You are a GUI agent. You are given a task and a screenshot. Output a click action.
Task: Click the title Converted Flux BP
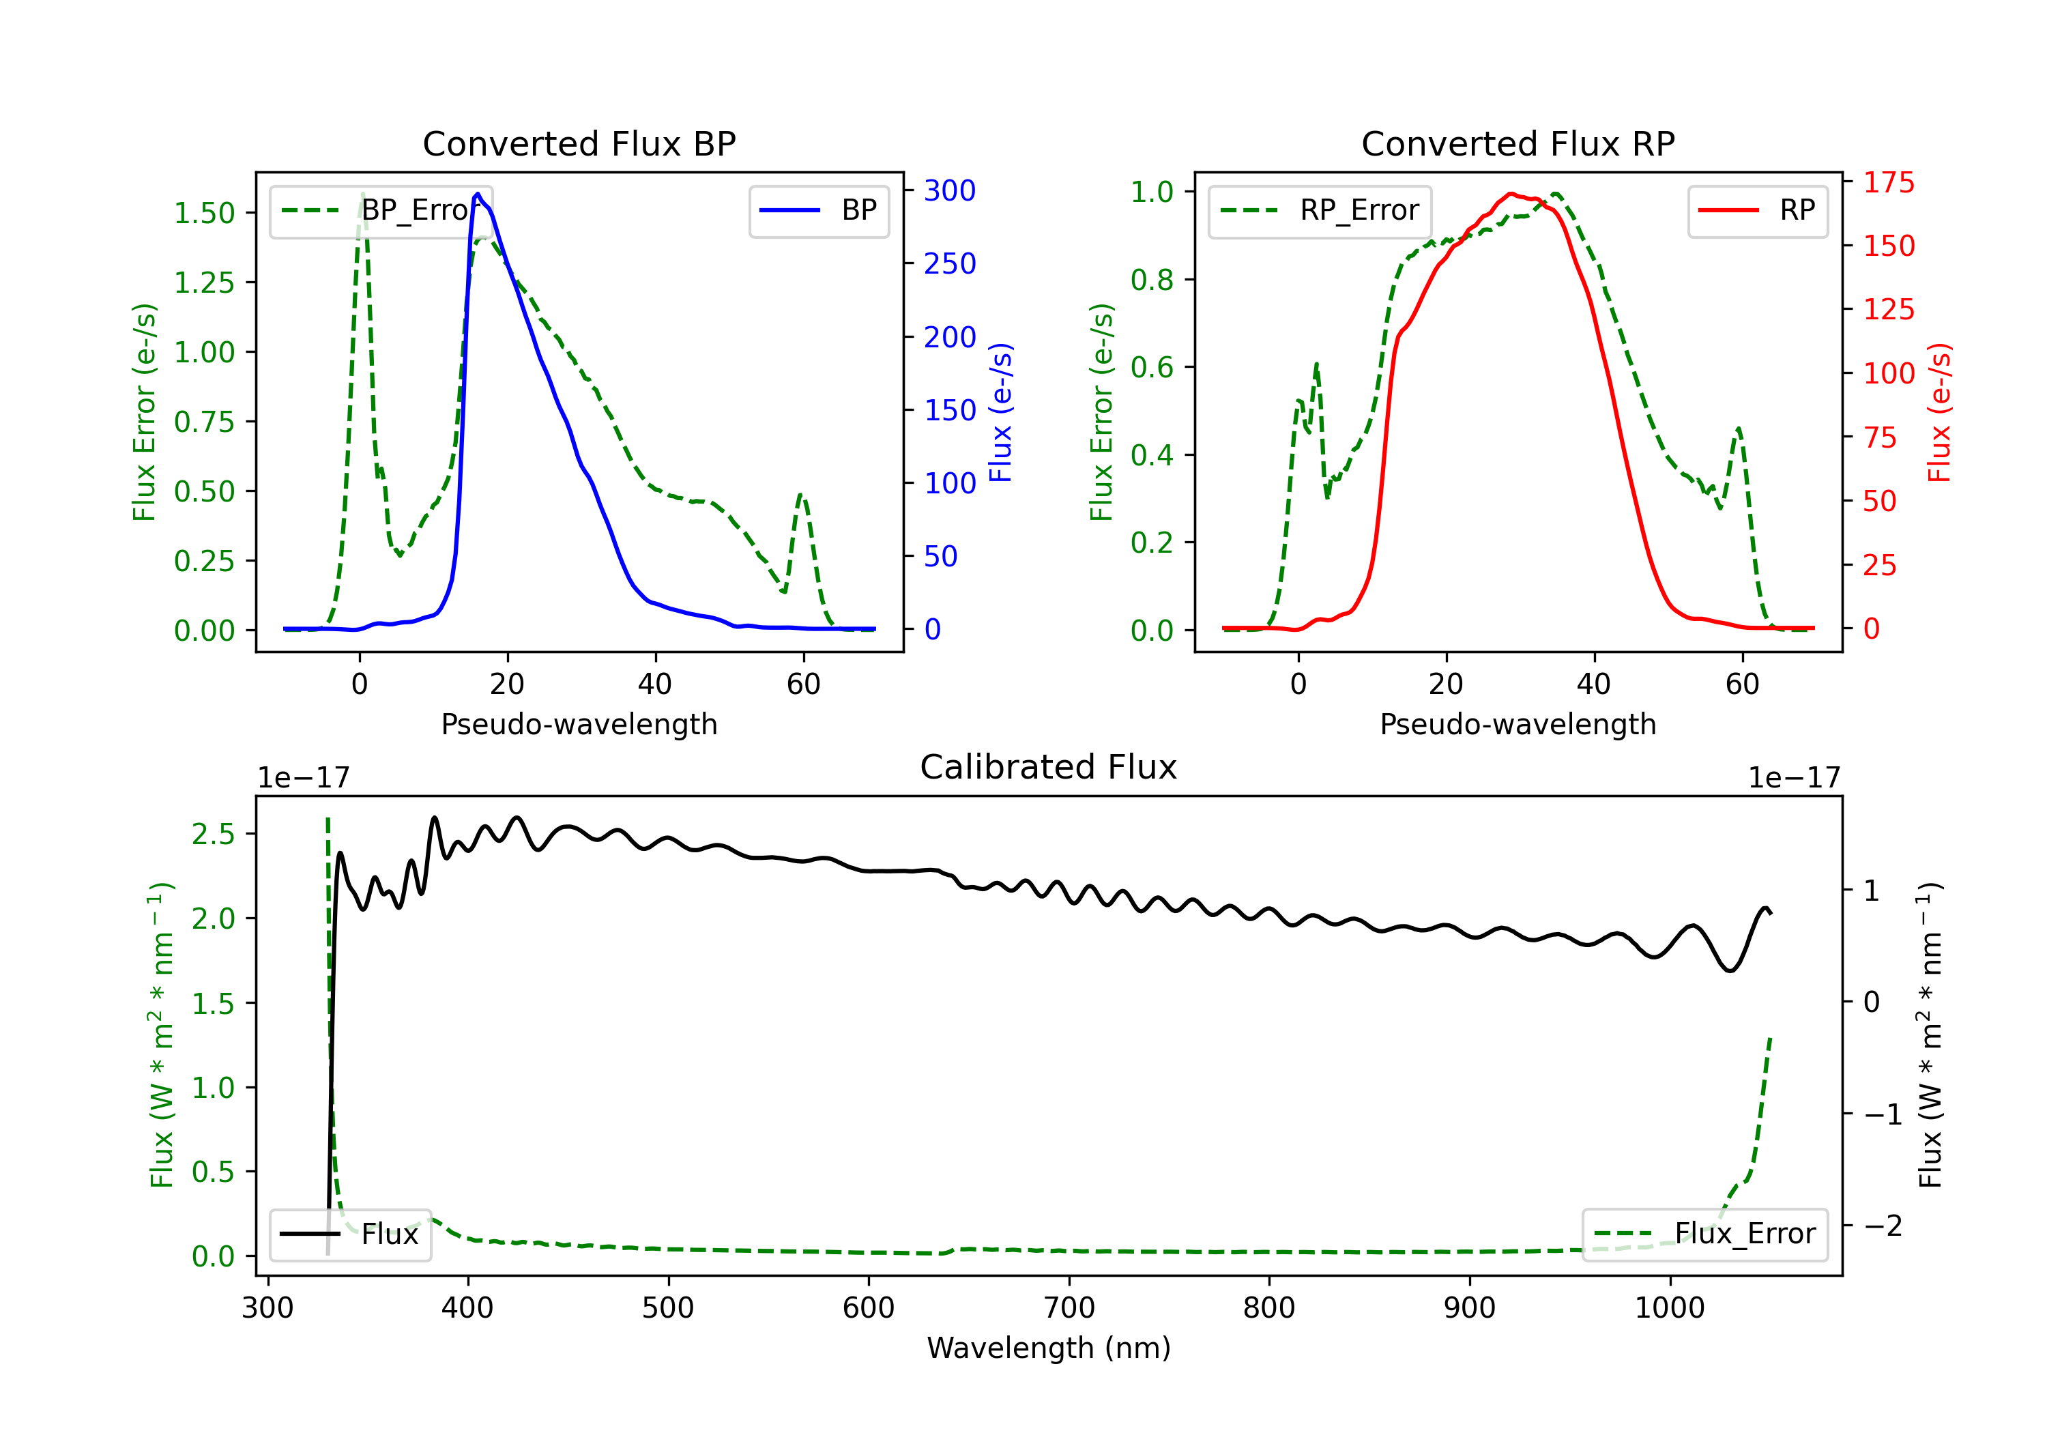[x=579, y=143]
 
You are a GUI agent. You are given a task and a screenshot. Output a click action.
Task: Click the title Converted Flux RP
[x=1518, y=143]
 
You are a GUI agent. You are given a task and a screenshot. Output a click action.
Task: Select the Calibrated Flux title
[x=1049, y=767]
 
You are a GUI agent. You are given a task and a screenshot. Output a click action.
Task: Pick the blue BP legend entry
[x=818, y=210]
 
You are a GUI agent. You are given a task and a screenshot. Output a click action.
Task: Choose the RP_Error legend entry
[x=1320, y=210]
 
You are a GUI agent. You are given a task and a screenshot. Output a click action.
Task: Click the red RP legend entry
[x=1757, y=210]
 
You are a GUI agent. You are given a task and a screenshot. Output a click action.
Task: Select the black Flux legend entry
[x=349, y=1234]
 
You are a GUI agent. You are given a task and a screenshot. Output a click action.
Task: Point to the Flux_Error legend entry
[x=1704, y=1234]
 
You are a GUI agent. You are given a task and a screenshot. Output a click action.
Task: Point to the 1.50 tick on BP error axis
[x=204, y=213]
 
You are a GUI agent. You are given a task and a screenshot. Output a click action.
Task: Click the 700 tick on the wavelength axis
[x=1069, y=1307]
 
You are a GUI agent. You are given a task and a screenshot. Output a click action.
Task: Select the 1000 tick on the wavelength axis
[x=1670, y=1307]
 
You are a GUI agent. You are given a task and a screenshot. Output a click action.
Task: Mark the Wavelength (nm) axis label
[x=1049, y=1348]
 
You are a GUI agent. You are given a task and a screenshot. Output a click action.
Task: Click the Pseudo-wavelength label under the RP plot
[x=1518, y=724]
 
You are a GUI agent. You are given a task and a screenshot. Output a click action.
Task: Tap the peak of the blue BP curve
[x=478, y=194]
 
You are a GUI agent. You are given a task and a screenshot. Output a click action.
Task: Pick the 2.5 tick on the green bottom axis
[x=213, y=834]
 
